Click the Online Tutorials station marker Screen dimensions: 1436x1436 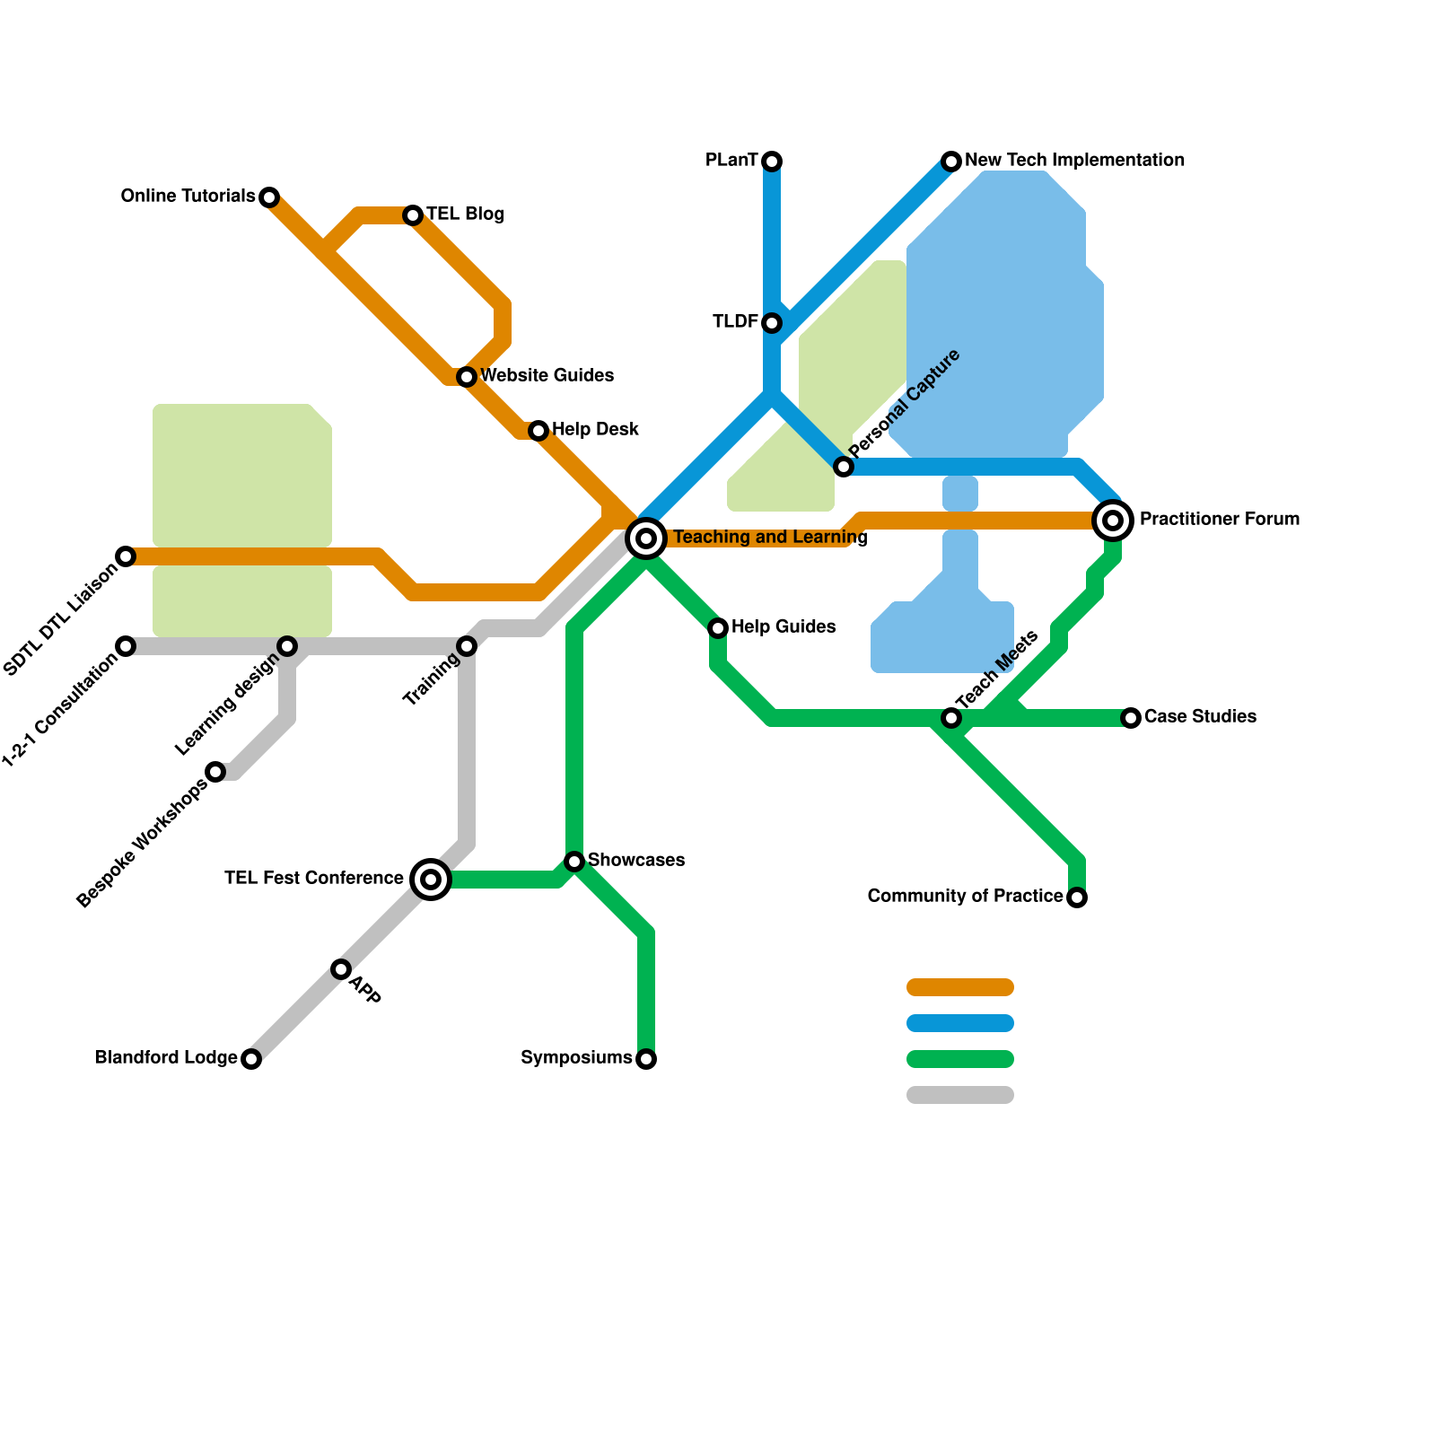pyautogui.click(x=269, y=197)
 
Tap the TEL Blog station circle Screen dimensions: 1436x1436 pyautogui.click(x=413, y=215)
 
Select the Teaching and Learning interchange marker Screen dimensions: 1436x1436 pyautogui.click(x=646, y=538)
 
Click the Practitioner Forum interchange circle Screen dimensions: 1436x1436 pyautogui.click(x=1113, y=521)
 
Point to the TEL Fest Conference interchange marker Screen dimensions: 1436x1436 pyautogui.click(x=431, y=880)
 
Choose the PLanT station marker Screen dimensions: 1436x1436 pyautogui.click(x=772, y=162)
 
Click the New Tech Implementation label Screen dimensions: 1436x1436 pyautogui.click(x=1074, y=161)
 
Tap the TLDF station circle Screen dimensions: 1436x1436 pyautogui.click(x=772, y=323)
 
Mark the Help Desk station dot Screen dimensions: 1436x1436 pyautogui.click(x=538, y=431)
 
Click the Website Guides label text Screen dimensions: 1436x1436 pyautogui.click(x=547, y=375)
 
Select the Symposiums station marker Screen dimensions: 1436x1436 pyautogui.click(x=646, y=1059)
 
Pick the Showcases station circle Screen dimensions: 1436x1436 pyautogui.click(x=574, y=862)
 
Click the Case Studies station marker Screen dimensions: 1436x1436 pyautogui.click(x=1131, y=718)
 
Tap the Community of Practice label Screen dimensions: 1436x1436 pyautogui.click(x=965, y=897)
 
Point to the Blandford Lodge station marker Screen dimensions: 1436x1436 pyautogui.click(x=251, y=1059)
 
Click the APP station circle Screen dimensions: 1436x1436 pyautogui.click(x=341, y=969)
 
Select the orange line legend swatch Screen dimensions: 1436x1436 pyautogui.click(x=960, y=987)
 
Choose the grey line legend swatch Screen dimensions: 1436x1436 pyautogui.click(x=960, y=1095)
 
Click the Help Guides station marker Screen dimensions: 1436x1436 pyautogui.click(x=718, y=628)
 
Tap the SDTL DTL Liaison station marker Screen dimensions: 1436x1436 pyautogui.click(x=126, y=556)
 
